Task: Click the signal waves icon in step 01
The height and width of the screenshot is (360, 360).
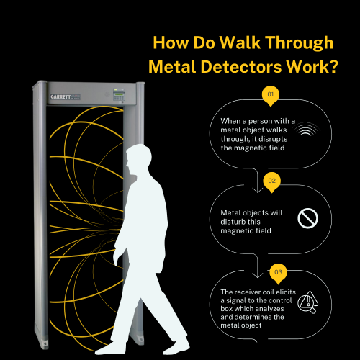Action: click(x=308, y=130)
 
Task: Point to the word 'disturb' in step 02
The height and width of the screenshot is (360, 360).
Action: click(x=242, y=220)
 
